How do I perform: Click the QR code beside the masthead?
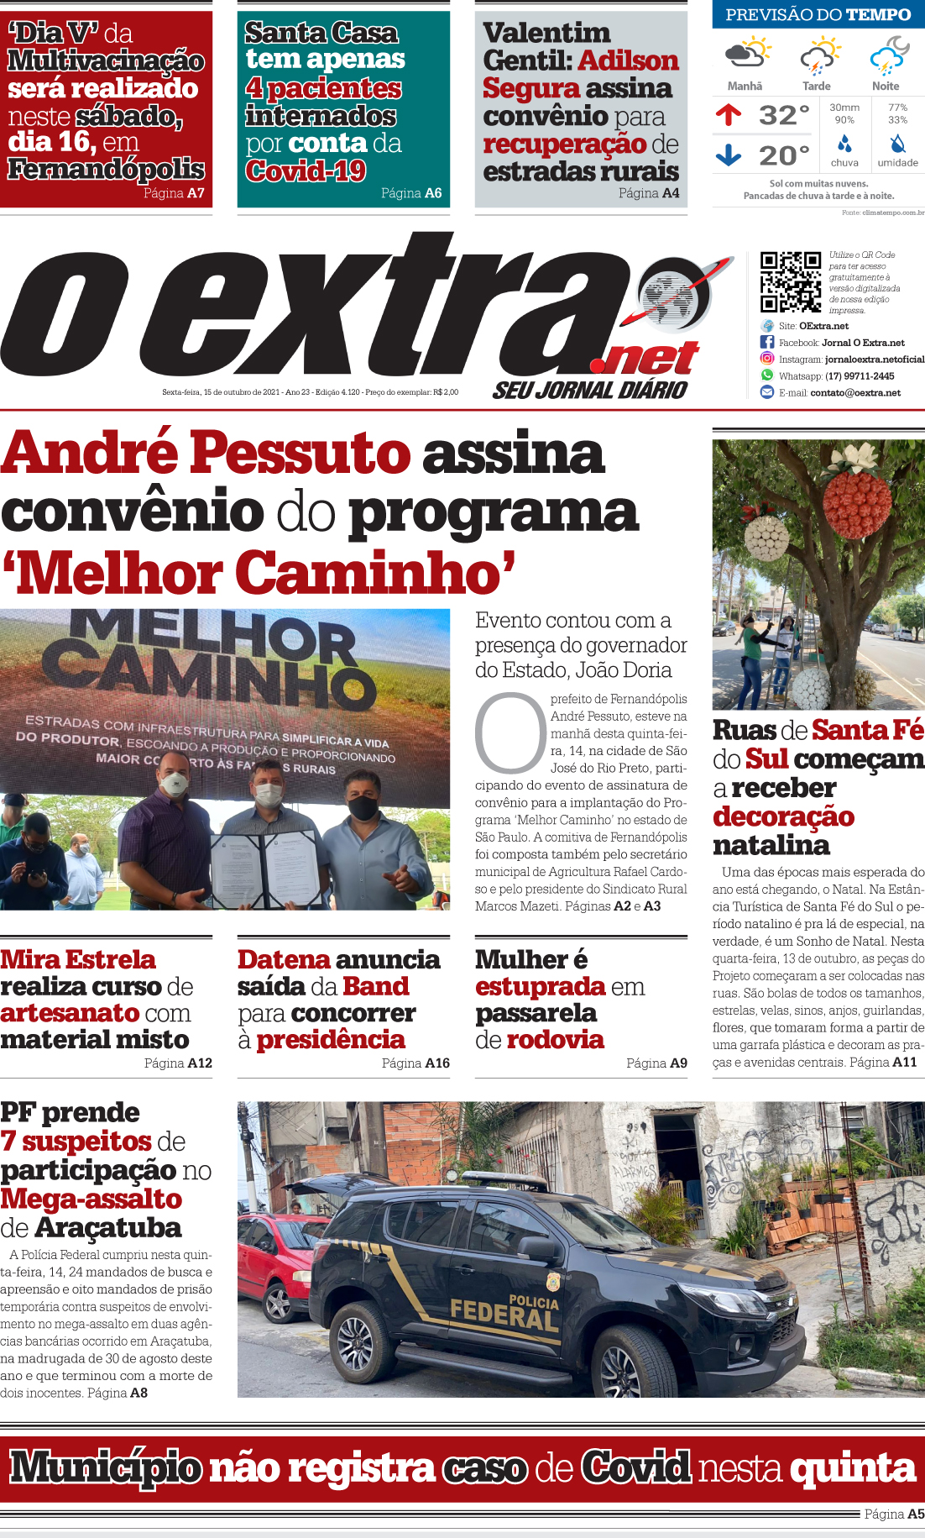coord(790,282)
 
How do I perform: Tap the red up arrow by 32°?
coord(729,114)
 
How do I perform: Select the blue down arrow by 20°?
coord(729,155)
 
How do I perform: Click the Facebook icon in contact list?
coord(766,342)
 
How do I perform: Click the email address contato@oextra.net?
coord(855,392)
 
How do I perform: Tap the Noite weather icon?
coord(888,55)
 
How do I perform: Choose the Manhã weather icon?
coord(746,53)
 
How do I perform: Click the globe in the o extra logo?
coord(673,295)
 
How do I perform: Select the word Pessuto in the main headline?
coord(300,453)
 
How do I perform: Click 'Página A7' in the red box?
coord(174,193)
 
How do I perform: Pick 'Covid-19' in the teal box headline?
coord(306,171)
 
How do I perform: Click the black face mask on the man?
coord(363,807)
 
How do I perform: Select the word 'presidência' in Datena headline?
coord(331,1040)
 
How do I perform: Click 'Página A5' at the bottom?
coord(894,1514)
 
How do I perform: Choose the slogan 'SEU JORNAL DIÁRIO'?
coord(590,390)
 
